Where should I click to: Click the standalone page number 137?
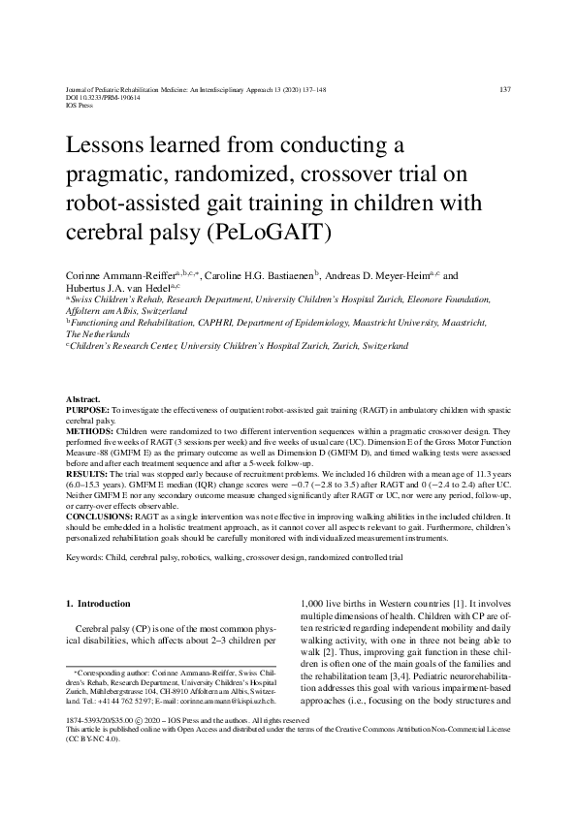504,89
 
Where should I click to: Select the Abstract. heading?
82,399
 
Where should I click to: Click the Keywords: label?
86,559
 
